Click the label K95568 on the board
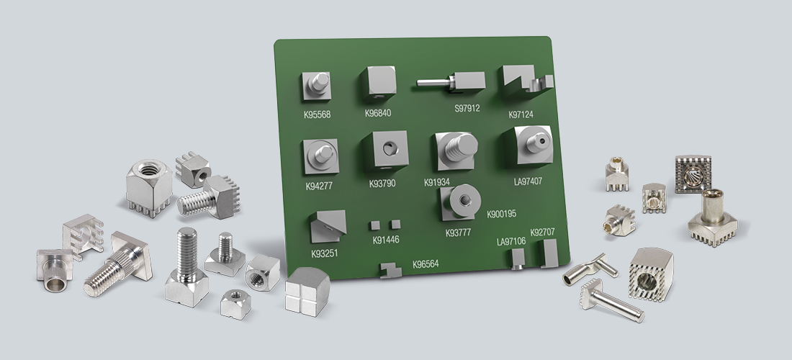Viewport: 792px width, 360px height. (318, 114)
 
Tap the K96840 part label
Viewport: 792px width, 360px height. (378, 113)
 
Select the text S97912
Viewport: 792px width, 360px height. (467, 108)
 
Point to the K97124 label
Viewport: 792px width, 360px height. (521, 114)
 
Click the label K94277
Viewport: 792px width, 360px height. (319, 186)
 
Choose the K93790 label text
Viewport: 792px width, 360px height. (382, 184)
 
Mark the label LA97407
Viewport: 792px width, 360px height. (528, 181)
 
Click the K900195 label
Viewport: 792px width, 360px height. (502, 214)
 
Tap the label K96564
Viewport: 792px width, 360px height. (426, 264)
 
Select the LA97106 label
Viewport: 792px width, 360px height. (511, 241)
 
